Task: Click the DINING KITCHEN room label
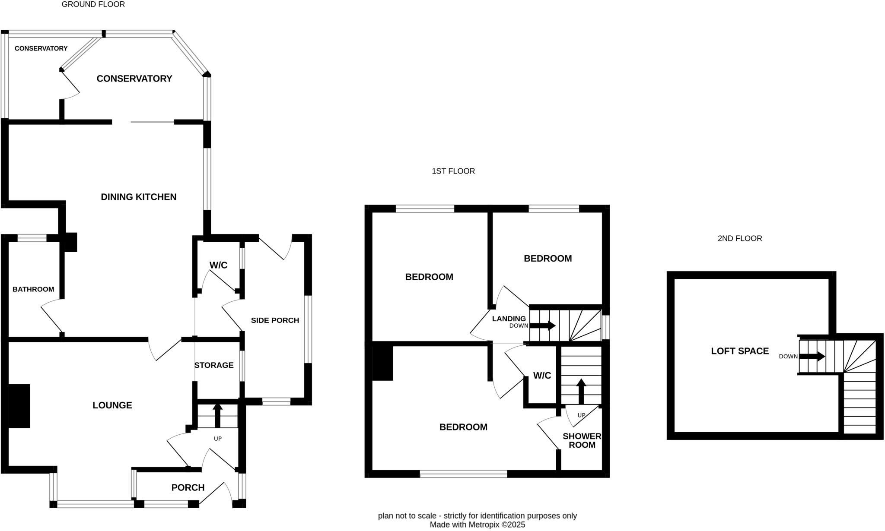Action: tap(138, 197)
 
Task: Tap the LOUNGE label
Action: tap(112, 405)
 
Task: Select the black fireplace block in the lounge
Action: tap(19, 406)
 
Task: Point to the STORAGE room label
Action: tap(213, 365)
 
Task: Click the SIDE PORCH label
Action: tap(275, 320)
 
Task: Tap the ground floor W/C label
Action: tap(218, 265)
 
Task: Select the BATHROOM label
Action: tap(33, 289)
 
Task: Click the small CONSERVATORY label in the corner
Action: tap(41, 48)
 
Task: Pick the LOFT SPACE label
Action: tap(740, 351)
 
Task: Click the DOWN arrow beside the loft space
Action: tap(812, 357)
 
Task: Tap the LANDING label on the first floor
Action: tap(509, 319)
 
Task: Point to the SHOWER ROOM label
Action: tap(582, 440)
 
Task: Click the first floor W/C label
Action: tap(542, 376)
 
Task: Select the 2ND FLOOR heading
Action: tap(739, 238)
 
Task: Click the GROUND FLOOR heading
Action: tap(93, 4)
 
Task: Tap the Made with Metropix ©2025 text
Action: tap(477, 525)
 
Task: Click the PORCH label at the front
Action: tap(188, 487)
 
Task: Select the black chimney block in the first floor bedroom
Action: tap(382, 362)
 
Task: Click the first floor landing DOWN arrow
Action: tap(543, 326)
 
